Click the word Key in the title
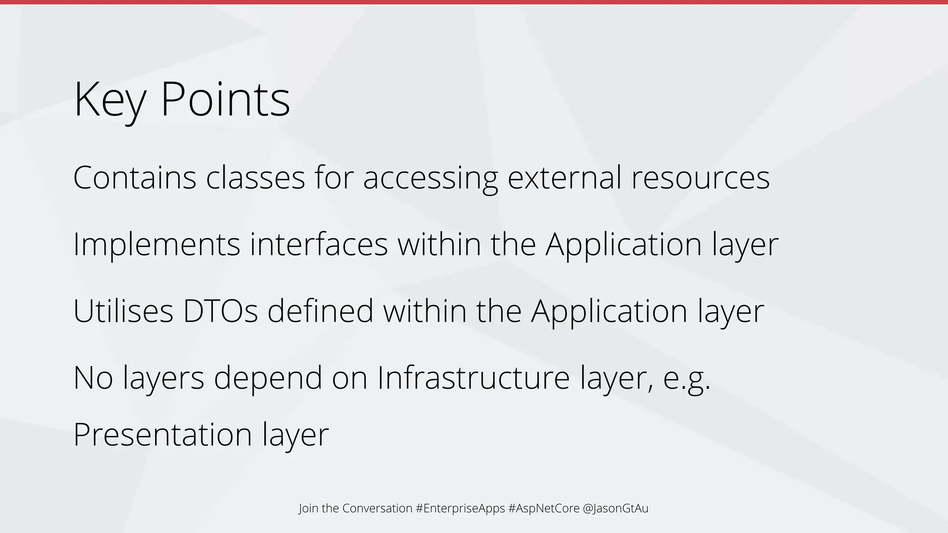pyautogui.click(x=109, y=99)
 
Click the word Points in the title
pyautogui.click(x=225, y=99)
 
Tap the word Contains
pyautogui.click(x=135, y=178)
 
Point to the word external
pyautogui.click(x=564, y=178)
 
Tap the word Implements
pyautogui.click(x=156, y=245)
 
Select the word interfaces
pyautogui.click(x=319, y=244)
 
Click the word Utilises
pyautogui.click(x=123, y=311)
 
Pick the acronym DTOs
pyautogui.click(x=220, y=311)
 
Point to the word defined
pyautogui.click(x=320, y=311)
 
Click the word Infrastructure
pyautogui.click(x=473, y=378)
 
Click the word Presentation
pyautogui.click(x=162, y=434)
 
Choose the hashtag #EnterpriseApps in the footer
pyautogui.click(x=460, y=508)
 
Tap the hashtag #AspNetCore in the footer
pyautogui.click(x=543, y=508)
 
